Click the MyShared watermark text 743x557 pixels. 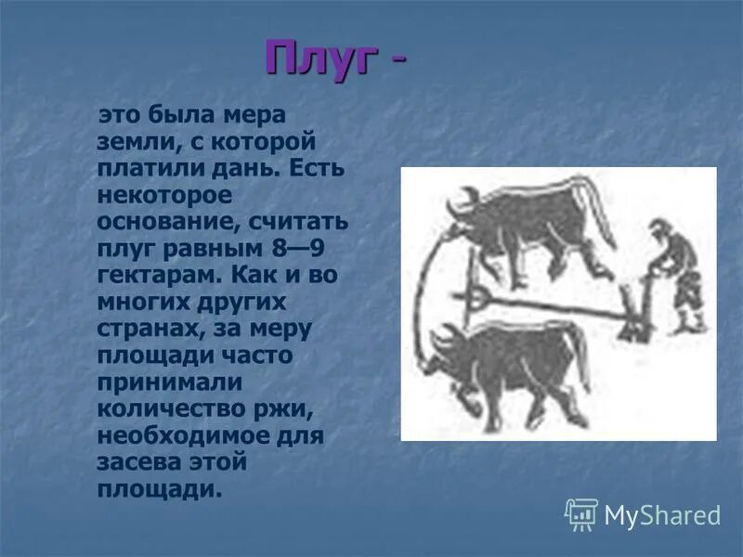[662, 514]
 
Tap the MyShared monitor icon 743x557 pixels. [581, 513]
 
